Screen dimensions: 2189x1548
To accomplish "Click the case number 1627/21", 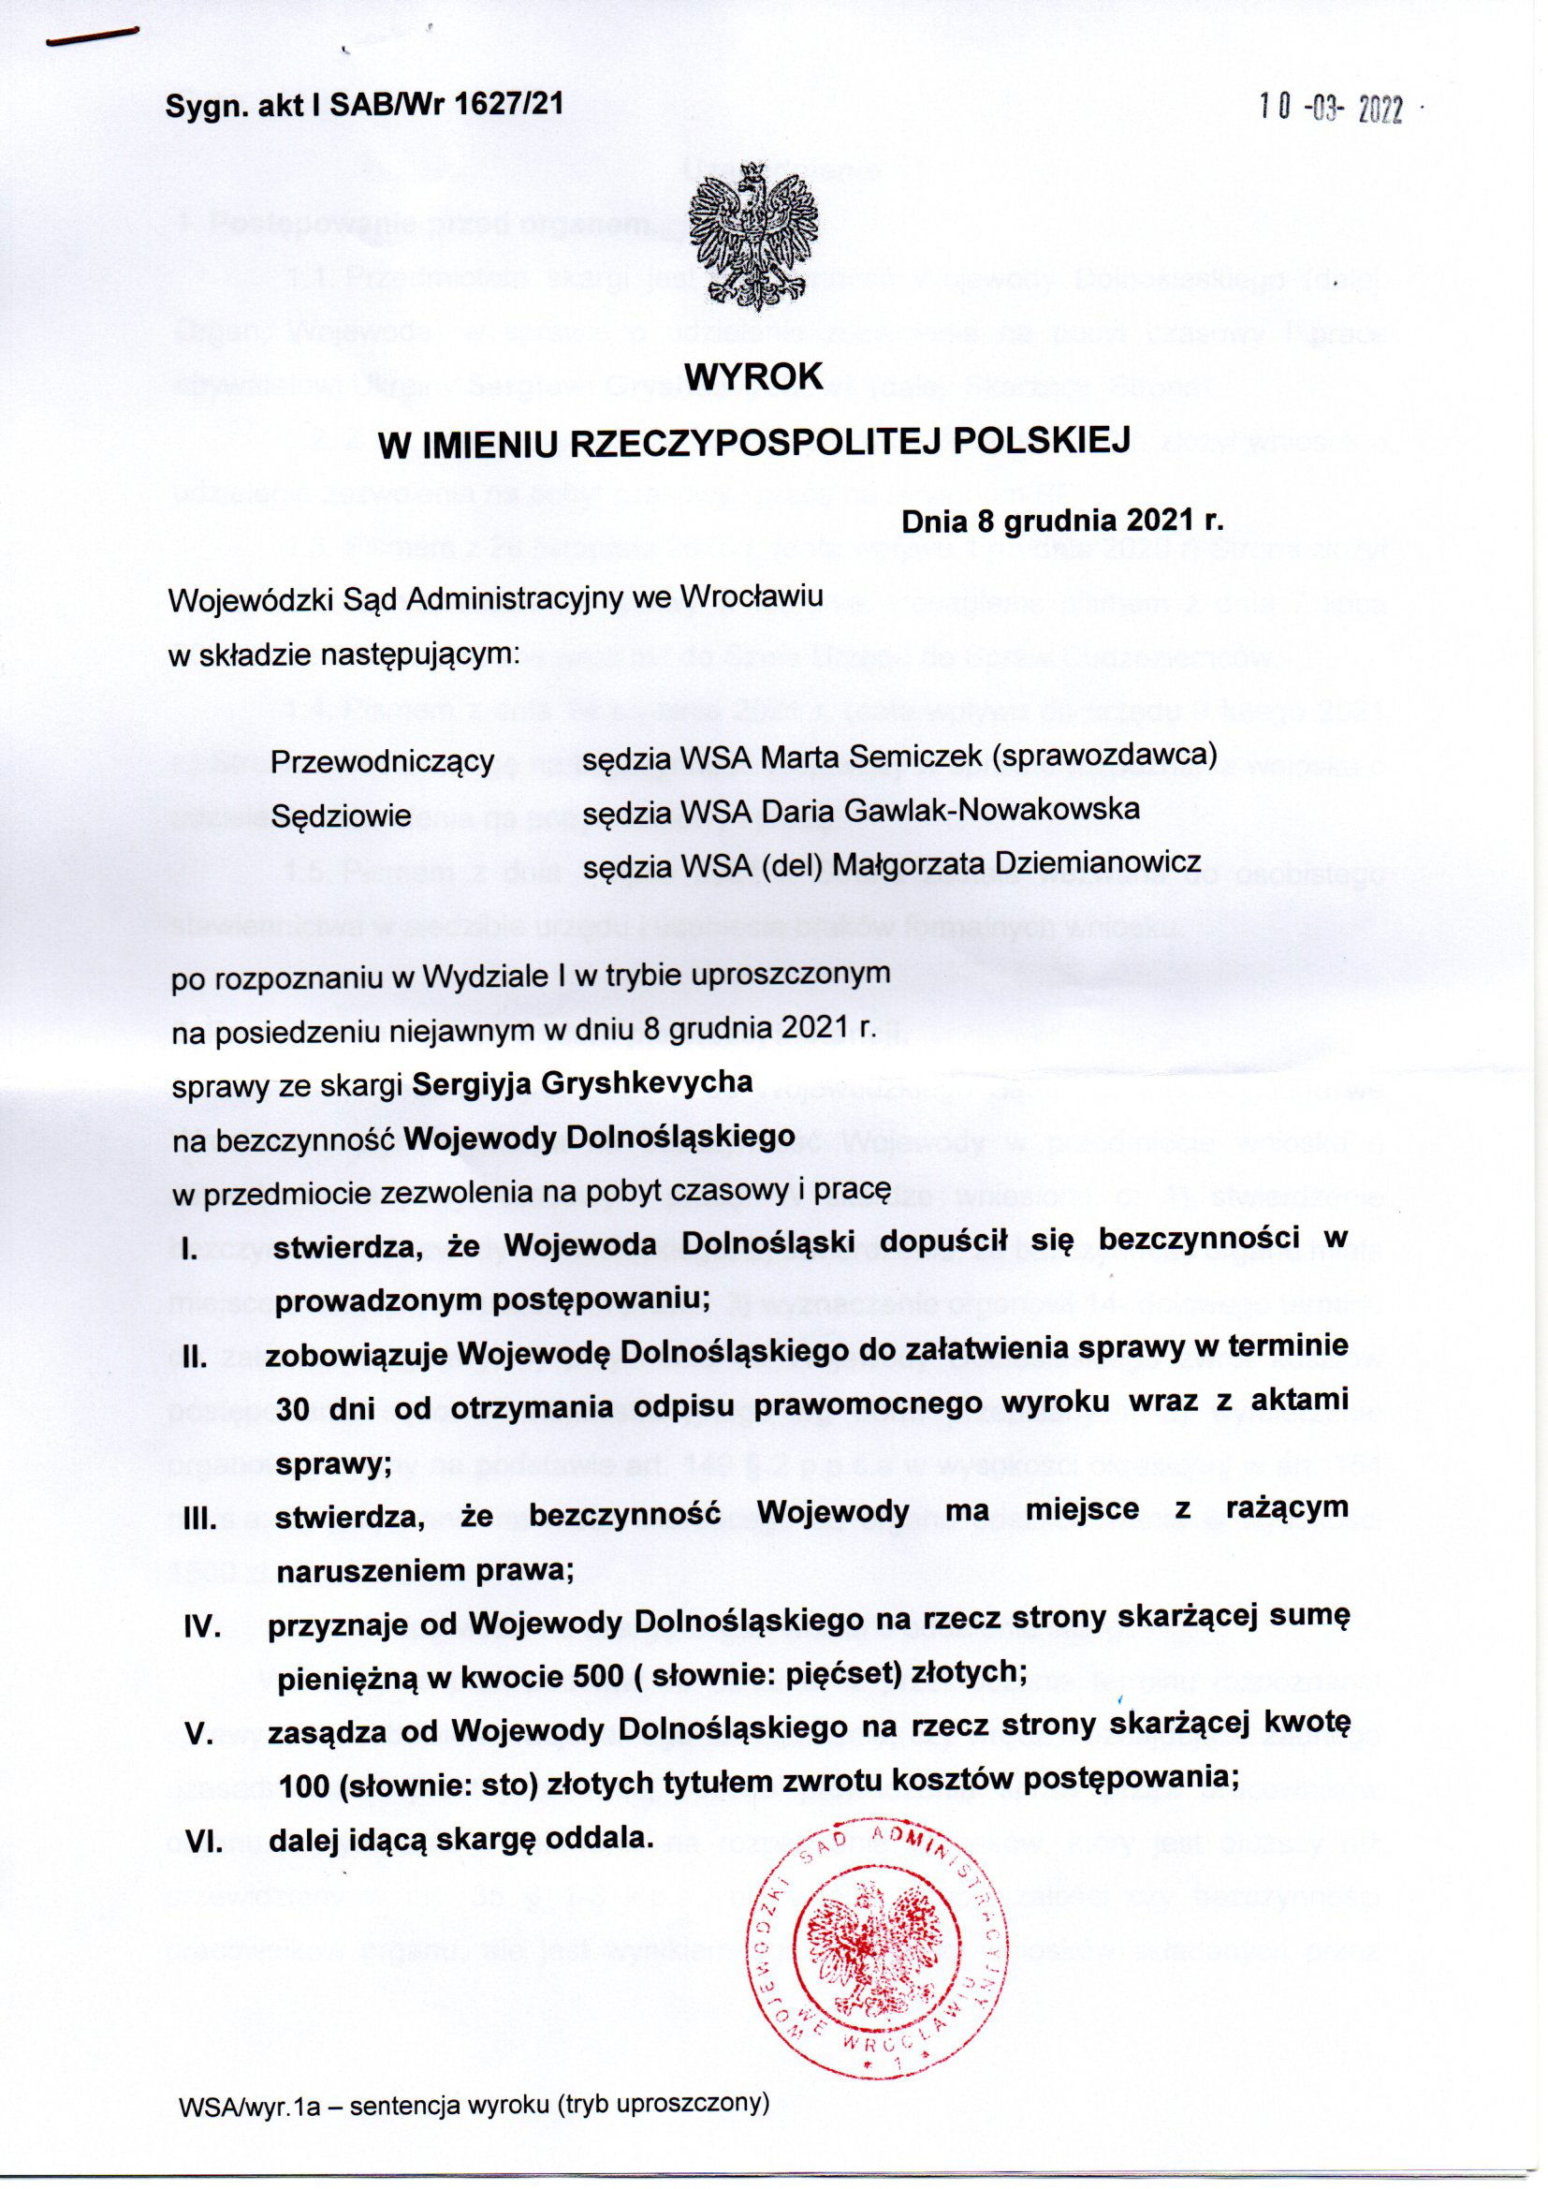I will (504, 105).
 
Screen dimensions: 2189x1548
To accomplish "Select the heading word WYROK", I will (755, 376).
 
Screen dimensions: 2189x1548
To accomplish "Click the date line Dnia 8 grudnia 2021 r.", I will (1062, 522).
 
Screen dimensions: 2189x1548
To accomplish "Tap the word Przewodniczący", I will (382, 762).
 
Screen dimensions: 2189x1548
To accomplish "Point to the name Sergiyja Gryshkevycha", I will (582, 1083).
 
